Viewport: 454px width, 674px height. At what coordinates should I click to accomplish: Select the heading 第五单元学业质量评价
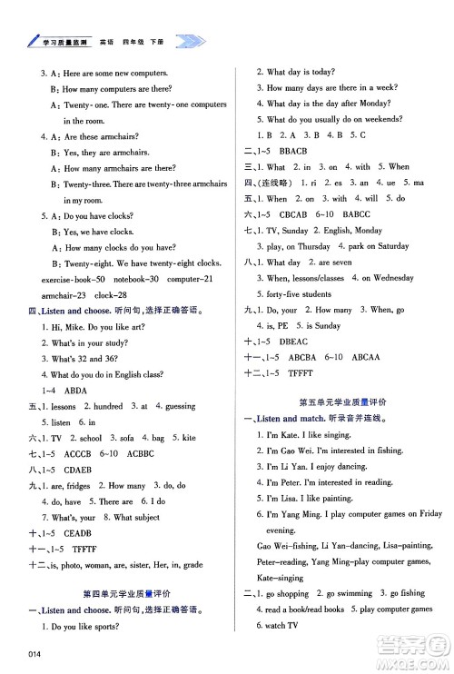(x=342, y=401)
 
